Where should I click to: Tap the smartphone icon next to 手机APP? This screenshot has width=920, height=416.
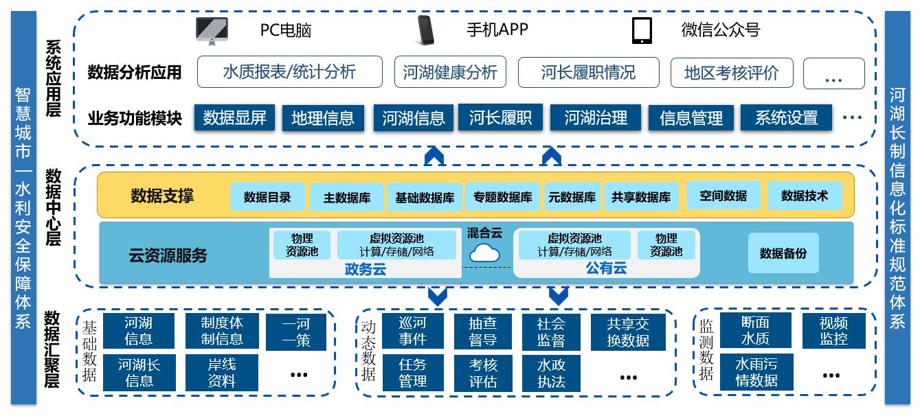coord(425,30)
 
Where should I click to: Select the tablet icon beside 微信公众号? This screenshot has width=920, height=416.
coord(642,31)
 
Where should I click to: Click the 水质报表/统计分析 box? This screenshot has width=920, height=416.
coord(289,72)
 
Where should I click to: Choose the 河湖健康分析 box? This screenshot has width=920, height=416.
coord(450,72)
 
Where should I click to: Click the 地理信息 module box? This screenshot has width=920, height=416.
coord(322,118)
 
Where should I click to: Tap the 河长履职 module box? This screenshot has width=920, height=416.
coord(500,117)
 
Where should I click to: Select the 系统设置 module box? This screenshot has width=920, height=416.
coord(786,118)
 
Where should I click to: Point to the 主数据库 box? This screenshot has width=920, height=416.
coord(347,198)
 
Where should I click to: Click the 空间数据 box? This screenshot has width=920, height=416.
coord(723,196)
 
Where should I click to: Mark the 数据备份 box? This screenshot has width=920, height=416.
coord(783,253)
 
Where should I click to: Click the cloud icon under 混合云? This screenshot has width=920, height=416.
coord(484,253)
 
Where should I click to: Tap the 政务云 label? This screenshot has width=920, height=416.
coord(365,269)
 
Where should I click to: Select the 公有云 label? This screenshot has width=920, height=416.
coord(606,268)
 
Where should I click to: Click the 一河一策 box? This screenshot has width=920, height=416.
coord(296,332)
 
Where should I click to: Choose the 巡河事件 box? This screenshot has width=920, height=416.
coord(412,331)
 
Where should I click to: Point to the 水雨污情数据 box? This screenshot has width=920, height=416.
coord(756,372)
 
